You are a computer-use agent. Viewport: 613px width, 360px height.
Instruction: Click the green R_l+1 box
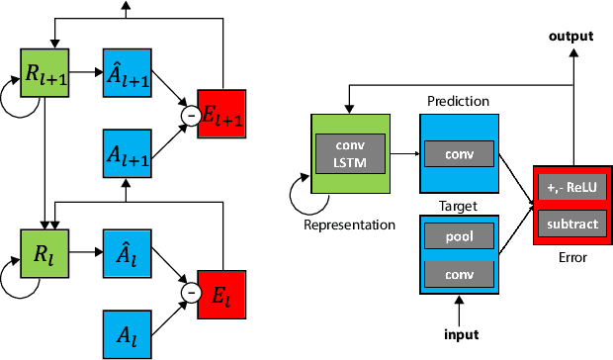(43, 71)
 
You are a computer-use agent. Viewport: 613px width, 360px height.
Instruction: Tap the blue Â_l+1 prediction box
(128, 71)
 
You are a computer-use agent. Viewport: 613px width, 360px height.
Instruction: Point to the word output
(571, 37)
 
